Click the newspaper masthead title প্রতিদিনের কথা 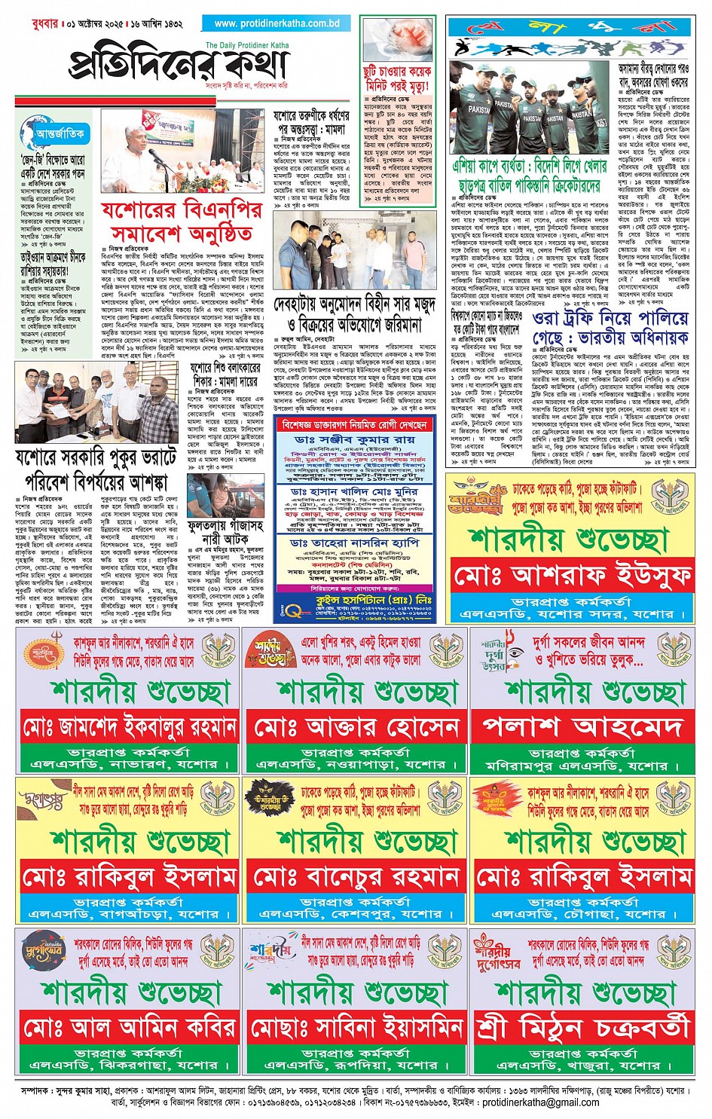click(179, 65)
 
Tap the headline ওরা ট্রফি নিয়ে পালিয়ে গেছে click(610, 327)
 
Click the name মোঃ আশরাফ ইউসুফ click(573, 577)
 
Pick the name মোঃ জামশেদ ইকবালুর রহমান click(130, 728)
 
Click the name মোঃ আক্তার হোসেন click(356, 728)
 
